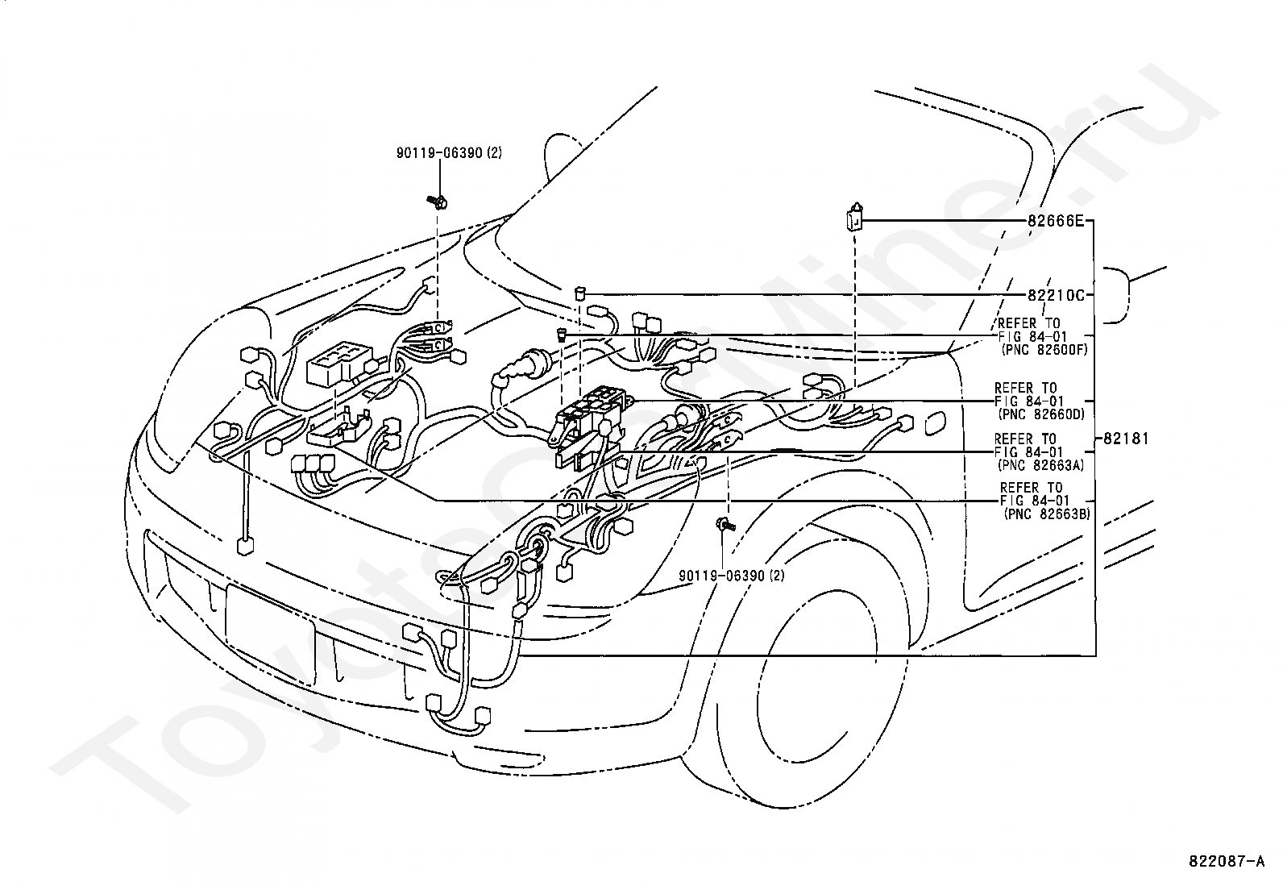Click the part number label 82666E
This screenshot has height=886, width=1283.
(x=1055, y=221)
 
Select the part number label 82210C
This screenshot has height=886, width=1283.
(x=1056, y=295)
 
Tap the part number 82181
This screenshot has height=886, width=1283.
(x=1126, y=439)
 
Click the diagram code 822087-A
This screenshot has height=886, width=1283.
(x=1227, y=861)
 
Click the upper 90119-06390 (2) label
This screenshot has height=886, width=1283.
(x=449, y=153)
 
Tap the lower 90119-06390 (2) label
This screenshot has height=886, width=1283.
(x=732, y=576)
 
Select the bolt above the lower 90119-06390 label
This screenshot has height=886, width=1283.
(x=725, y=523)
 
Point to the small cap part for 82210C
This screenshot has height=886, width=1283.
(x=581, y=294)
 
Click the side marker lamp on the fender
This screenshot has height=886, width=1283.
(x=936, y=423)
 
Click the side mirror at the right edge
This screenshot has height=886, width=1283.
(x=1117, y=295)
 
